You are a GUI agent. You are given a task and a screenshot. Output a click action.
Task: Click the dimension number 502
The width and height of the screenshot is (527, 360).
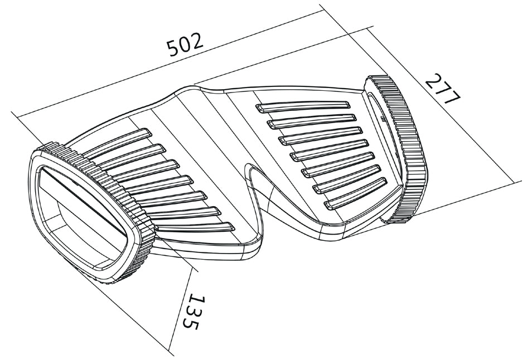186,45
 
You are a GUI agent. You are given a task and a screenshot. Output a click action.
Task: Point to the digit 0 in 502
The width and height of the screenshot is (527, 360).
186,45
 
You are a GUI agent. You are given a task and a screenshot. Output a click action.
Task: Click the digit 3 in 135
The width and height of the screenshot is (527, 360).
193,312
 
